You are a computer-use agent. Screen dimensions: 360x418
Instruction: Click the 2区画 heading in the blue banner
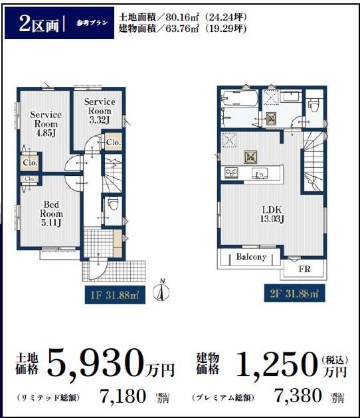click(x=39, y=24)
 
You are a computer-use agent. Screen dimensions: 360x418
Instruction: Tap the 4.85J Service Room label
click(x=46, y=123)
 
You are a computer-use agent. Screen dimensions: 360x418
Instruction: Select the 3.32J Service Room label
click(x=100, y=111)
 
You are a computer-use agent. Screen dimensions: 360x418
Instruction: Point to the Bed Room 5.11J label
click(x=51, y=214)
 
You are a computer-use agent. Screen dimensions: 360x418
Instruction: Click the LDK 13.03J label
click(x=272, y=214)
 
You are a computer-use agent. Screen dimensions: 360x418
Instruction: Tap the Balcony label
click(x=251, y=257)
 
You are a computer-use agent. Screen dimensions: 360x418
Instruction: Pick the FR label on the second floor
click(x=304, y=269)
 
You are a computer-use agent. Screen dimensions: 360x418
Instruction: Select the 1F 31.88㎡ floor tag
click(x=115, y=295)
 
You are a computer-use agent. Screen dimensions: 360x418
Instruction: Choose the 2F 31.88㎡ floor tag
click(x=295, y=293)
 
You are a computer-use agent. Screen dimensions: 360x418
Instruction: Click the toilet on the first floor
click(x=113, y=204)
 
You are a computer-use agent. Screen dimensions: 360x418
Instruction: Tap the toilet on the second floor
click(x=314, y=105)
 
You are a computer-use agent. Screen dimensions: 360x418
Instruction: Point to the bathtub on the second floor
click(x=240, y=98)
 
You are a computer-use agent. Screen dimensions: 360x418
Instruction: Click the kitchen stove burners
click(x=231, y=173)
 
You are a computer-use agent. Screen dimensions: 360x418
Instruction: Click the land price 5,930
click(x=95, y=362)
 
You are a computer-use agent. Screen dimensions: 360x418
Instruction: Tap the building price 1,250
click(x=278, y=364)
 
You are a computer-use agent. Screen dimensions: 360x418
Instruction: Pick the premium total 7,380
click(x=298, y=395)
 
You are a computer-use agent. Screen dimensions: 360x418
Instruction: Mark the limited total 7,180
click(x=122, y=395)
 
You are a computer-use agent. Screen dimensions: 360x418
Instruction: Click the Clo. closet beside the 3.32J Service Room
click(x=113, y=142)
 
